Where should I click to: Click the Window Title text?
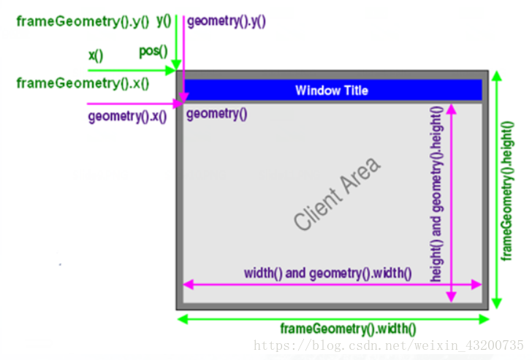point(331,91)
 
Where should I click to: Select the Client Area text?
point(337,194)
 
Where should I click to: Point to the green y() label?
point(163,20)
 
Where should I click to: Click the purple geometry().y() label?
point(226,21)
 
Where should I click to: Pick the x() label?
point(96,55)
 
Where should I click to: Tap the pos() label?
point(153,51)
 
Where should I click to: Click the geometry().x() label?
point(126,116)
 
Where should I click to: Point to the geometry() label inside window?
point(217,113)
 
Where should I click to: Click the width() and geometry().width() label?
point(327,273)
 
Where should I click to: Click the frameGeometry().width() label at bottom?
point(348,329)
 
